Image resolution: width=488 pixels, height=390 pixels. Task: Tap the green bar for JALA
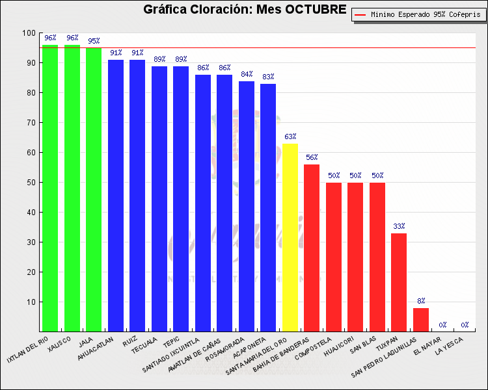(x=94, y=188)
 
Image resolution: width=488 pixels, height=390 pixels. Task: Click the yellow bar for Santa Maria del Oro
(x=290, y=237)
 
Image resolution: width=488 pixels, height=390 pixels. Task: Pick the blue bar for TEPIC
(x=181, y=198)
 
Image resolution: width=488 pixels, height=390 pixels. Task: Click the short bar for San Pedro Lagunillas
(x=421, y=319)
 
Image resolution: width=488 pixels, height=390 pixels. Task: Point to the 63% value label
(x=290, y=136)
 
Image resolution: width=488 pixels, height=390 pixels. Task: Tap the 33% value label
(x=399, y=226)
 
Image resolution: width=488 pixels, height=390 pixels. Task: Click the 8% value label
(x=421, y=301)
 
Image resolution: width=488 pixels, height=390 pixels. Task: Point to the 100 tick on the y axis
(x=29, y=32)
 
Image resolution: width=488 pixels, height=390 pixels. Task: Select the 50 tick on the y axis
(x=31, y=182)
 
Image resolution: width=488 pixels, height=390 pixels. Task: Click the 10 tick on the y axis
(x=31, y=302)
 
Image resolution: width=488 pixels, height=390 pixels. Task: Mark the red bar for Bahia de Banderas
(x=312, y=247)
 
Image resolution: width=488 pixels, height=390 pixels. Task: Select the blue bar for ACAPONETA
(x=268, y=208)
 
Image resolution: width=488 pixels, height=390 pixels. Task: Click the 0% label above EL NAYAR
(x=442, y=325)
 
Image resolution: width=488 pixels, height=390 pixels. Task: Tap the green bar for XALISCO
(x=72, y=188)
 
